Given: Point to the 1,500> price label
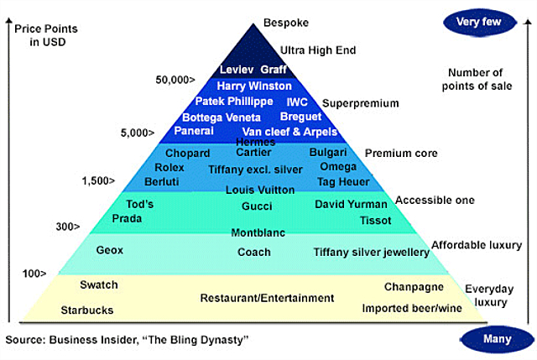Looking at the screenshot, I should coord(99,180).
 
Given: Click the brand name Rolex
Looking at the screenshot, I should coord(170,168).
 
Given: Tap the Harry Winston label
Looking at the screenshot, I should coord(254,86).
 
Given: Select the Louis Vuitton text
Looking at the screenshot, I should coord(258,190).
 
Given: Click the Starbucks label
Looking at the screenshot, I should coord(86,310).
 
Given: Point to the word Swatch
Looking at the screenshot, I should coord(99,285).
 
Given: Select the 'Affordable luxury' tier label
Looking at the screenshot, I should coord(475,245).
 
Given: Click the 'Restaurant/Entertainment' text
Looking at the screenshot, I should coord(267,298).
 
